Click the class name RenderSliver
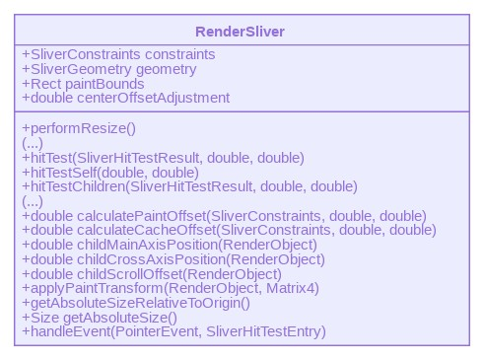241,32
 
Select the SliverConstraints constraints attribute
118,54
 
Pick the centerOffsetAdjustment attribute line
125,98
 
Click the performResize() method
79,128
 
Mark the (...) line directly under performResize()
32,143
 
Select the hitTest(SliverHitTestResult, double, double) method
163,158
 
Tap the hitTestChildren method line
189,186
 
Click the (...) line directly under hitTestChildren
32,201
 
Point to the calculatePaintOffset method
224,216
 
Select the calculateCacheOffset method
229,230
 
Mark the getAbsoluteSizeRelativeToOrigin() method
137,303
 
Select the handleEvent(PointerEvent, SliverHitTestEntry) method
173,331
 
